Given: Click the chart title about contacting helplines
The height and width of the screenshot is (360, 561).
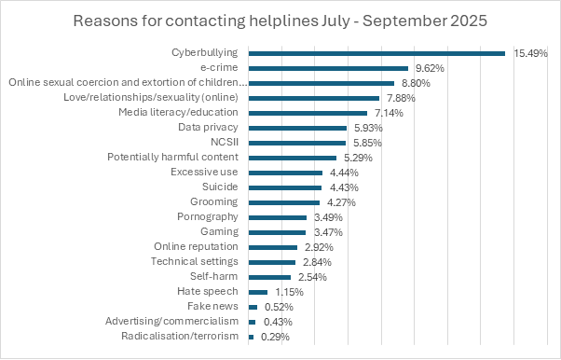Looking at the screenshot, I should tap(280, 21).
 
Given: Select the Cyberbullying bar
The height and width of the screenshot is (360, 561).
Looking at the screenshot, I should tap(376, 53).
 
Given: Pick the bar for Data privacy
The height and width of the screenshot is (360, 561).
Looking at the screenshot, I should tap(297, 128).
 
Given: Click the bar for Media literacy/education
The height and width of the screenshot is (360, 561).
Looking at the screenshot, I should tap(308, 113).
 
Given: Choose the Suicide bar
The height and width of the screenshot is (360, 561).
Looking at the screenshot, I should tap(285, 187).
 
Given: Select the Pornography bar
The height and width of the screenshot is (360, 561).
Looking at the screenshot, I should tap(278, 217).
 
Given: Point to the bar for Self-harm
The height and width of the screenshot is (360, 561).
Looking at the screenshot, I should tap(270, 277).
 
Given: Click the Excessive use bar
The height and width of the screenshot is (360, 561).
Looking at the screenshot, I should tap(285, 173).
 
